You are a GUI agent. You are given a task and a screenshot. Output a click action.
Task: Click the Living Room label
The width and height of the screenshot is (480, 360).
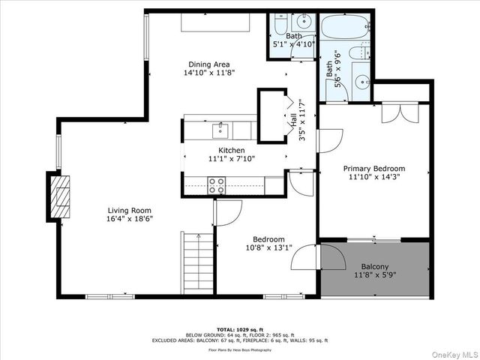129,211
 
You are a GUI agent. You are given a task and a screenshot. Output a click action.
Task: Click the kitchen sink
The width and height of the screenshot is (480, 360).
220,130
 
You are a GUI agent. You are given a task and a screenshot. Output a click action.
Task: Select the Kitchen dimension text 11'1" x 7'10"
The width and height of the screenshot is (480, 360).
231,159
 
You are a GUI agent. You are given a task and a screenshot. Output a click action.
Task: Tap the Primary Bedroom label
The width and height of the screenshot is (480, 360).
373,169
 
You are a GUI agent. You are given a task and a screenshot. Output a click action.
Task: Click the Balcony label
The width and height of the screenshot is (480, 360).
374,267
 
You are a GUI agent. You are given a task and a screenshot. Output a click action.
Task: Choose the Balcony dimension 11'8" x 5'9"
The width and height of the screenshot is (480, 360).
374,276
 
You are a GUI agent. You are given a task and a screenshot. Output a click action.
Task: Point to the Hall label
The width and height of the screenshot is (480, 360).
291,120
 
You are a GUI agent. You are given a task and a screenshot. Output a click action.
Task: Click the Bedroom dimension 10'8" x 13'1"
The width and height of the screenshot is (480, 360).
267,247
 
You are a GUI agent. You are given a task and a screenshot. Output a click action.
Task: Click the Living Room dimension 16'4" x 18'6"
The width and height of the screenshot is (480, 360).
129,220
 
